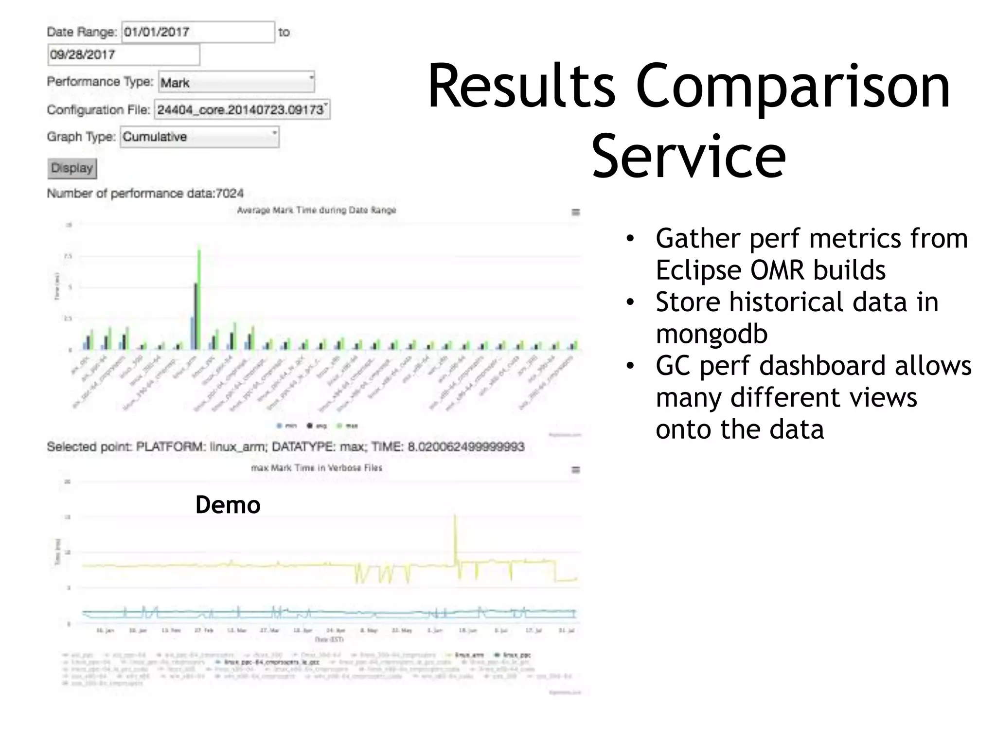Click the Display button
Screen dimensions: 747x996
point(72,168)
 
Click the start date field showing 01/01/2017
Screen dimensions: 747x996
point(197,32)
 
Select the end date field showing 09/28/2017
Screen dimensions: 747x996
point(124,54)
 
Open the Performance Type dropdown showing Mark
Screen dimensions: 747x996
point(236,82)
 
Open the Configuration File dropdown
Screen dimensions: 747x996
point(242,109)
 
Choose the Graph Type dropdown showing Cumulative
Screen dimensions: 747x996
point(199,137)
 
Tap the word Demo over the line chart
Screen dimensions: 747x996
point(228,505)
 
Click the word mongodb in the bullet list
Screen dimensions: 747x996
point(711,334)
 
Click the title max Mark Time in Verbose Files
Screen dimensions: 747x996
point(316,468)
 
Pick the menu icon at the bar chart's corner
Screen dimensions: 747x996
point(575,212)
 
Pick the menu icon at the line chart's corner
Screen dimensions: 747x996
point(575,470)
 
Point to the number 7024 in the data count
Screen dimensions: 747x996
point(229,194)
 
